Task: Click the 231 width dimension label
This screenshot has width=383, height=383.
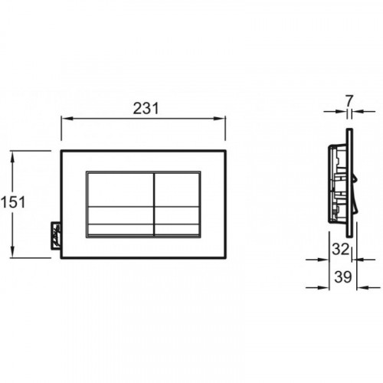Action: (146, 108)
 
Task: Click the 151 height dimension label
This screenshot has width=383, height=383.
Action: (13, 202)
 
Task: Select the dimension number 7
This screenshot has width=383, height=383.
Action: (349, 100)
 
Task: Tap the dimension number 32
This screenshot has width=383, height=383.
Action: (340, 249)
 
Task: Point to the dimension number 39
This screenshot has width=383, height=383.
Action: (343, 277)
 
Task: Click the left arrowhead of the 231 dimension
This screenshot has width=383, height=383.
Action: (67, 119)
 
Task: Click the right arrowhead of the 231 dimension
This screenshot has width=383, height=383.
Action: (219, 119)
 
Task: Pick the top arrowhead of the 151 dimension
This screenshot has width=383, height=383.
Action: (12, 156)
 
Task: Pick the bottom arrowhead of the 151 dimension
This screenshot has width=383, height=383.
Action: (12, 252)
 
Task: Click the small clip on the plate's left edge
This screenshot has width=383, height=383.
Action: (56, 235)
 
